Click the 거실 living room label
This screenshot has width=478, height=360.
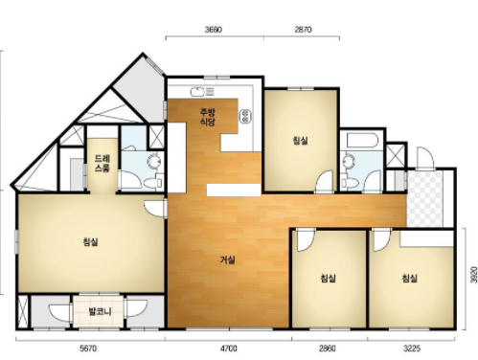tap(228, 260)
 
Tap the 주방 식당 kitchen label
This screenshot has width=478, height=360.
tap(208, 117)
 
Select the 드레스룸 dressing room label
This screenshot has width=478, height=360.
tap(102, 164)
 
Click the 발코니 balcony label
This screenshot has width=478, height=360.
tap(100, 311)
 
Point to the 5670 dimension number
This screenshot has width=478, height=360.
tap(88, 349)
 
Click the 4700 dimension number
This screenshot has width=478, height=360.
tap(229, 349)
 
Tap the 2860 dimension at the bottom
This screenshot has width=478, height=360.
tap(328, 349)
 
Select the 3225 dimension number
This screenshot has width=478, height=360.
tap(412, 349)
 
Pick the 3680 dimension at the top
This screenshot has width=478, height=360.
tap(214, 30)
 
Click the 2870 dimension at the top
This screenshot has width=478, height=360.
tap(303, 30)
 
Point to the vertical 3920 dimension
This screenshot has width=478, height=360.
tap(474, 275)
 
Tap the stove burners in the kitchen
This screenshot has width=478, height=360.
tap(245, 116)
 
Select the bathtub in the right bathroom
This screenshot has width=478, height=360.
tap(363, 141)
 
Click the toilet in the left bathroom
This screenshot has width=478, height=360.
tap(153, 183)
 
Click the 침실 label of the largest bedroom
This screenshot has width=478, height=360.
tap(90, 242)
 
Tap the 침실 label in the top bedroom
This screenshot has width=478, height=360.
tap(300, 141)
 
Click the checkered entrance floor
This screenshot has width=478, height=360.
tap(425, 198)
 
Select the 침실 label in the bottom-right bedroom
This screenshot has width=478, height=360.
tap(410, 279)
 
